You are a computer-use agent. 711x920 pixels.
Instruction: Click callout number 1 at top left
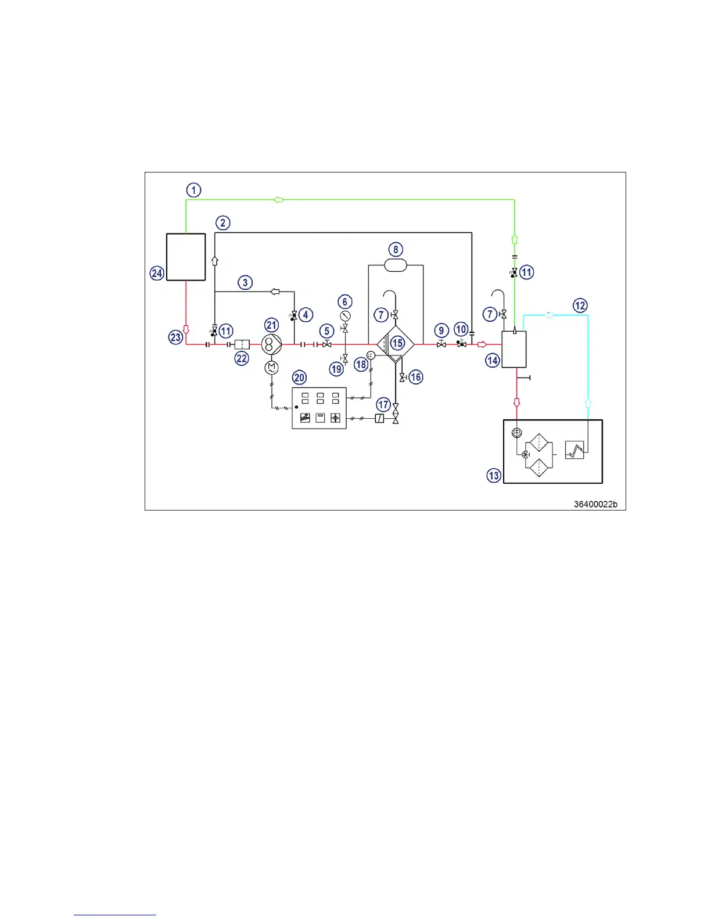click(193, 190)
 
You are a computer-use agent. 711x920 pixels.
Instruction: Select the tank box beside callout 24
click(186, 257)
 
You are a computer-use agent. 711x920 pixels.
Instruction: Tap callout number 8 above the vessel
click(396, 250)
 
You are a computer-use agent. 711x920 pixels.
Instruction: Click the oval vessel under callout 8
click(396, 265)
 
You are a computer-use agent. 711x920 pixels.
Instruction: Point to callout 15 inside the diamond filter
click(397, 343)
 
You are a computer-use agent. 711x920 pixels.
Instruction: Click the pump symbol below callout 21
click(271, 344)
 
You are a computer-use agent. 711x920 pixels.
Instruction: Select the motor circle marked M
click(271, 368)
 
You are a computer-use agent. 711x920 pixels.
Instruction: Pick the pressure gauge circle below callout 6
click(345, 316)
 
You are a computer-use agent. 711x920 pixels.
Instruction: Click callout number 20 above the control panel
click(299, 378)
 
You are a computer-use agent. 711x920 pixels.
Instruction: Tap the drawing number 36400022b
click(595, 504)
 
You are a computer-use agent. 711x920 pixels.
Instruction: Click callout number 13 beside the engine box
click(494, 476)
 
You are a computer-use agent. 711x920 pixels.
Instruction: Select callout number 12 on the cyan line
click(580, 306)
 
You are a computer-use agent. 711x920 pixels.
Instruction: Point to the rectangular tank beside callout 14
click(514, 350)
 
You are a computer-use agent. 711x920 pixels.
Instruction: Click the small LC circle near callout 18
click(370, 355)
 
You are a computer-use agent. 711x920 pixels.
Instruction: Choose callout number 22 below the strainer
click(242, 359)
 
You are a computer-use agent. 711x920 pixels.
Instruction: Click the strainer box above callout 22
click(242, 344)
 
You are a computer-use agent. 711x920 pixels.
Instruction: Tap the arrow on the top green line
click(278, 200)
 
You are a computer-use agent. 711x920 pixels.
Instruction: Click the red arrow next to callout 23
click(186, 329)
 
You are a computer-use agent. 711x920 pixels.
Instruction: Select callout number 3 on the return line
click(245, 283)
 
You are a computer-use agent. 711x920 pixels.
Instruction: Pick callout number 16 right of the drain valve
click(416, 377)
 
